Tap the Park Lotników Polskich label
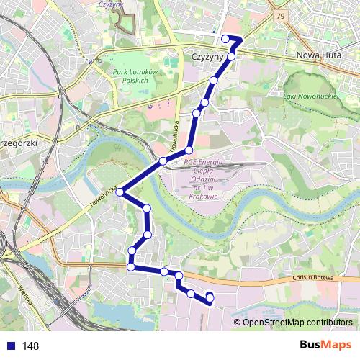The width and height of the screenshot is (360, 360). [x=130, y=76]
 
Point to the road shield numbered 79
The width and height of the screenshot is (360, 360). [x=279, y=14]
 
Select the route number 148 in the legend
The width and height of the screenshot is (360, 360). [x=30, y=346]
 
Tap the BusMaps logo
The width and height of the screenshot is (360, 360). [x=326, y=346]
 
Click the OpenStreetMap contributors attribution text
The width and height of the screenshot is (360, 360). [x=297, y=323]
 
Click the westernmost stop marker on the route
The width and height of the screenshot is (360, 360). [x=120, y=192]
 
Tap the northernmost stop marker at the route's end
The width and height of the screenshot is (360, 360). [x=225, y=38]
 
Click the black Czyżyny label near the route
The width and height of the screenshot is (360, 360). [x=207, y=55]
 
